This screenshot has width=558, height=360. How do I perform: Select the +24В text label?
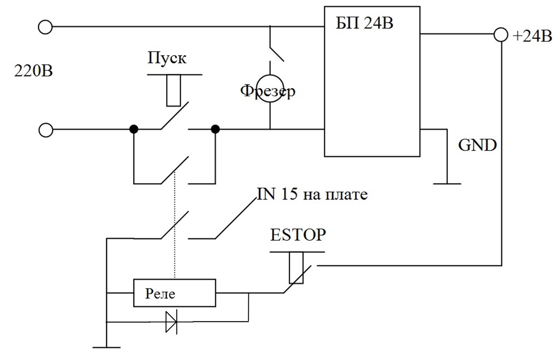tap(532, 36)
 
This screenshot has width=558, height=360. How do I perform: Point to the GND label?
tap(478, 145)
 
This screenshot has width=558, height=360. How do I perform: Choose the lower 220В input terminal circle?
tap(45, 130)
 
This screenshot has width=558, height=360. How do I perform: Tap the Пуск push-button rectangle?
tap(174, 90)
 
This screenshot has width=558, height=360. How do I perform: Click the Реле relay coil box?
tap(174, 293)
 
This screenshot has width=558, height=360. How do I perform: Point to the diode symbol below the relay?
tap(171, 322)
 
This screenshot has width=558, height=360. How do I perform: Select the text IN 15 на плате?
tap(312, 195)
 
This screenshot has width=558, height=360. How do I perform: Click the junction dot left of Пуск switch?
tap(133, 130)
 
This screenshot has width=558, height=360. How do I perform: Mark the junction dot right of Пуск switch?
tap(215, 130)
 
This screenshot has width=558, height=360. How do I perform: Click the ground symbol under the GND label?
tap(447, 183)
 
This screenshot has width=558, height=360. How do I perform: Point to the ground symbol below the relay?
tap(106, 347)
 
